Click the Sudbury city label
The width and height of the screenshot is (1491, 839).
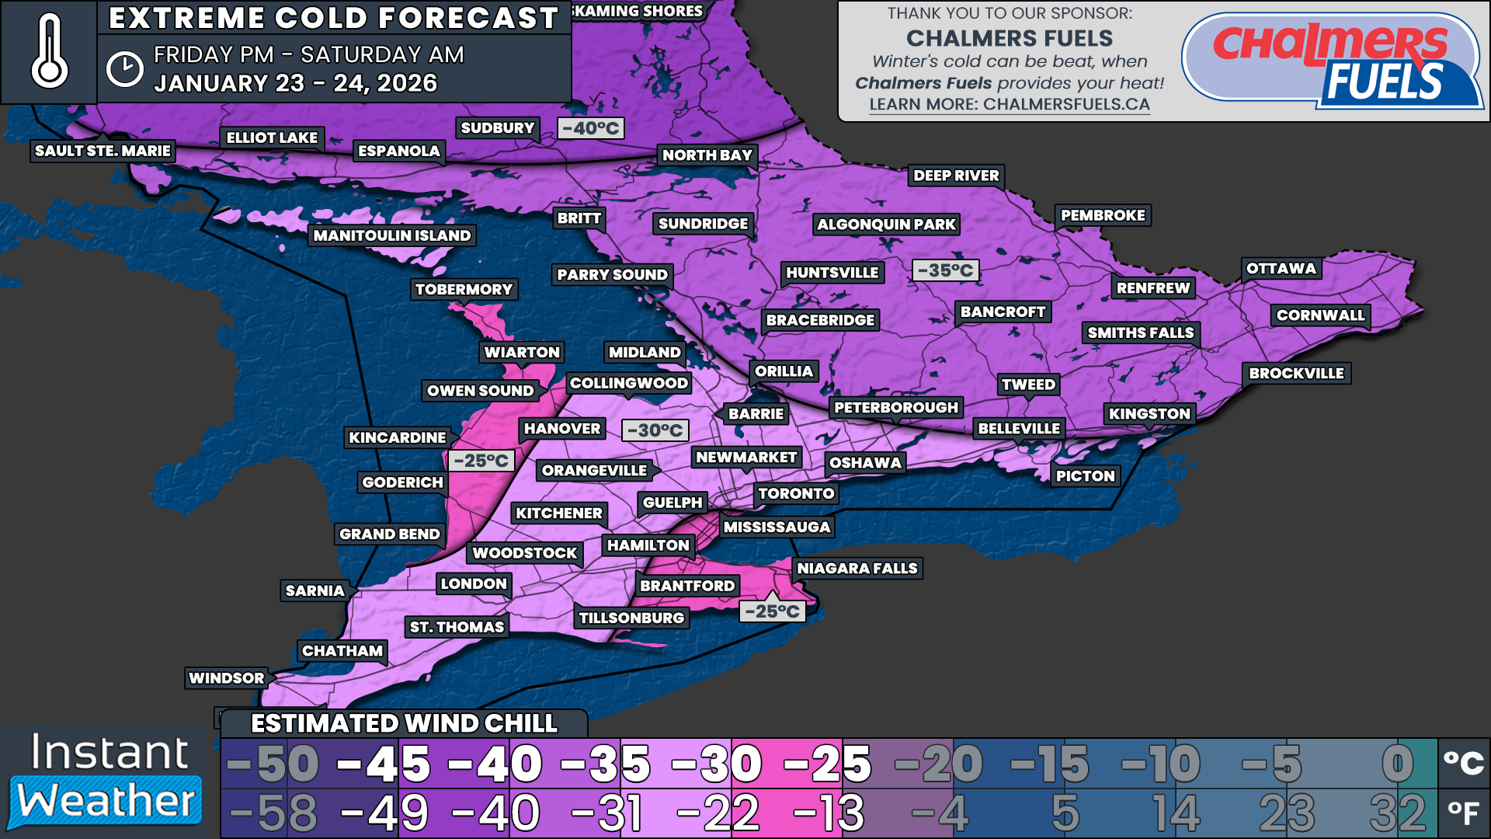[497, 128]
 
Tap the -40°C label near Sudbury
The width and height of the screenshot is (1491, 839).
[591, 128]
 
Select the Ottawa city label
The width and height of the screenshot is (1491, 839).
[1281, 269]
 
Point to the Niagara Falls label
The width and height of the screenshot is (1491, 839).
[857, 569]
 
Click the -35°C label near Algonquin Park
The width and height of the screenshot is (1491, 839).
[945, 270]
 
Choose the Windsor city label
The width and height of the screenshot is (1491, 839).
[226, 678]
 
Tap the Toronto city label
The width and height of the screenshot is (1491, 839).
[796, 493]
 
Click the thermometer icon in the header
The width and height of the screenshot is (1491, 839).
[49, 52]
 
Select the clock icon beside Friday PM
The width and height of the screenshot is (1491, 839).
[124, 69]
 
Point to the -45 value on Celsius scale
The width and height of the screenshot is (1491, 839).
[384, 764]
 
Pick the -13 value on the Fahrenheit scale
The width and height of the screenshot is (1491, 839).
[828, 813]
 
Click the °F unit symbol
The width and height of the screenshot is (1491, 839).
[1463, 813]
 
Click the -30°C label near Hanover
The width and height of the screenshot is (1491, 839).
[655, 430]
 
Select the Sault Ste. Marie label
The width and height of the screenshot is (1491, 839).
[103, 151]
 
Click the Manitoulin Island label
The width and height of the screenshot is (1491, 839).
[392, 235]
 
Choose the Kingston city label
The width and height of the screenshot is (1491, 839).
[1149, 414]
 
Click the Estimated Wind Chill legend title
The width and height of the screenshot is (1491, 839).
[404, 723]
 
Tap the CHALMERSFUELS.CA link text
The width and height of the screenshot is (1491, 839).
[1065, 104]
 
